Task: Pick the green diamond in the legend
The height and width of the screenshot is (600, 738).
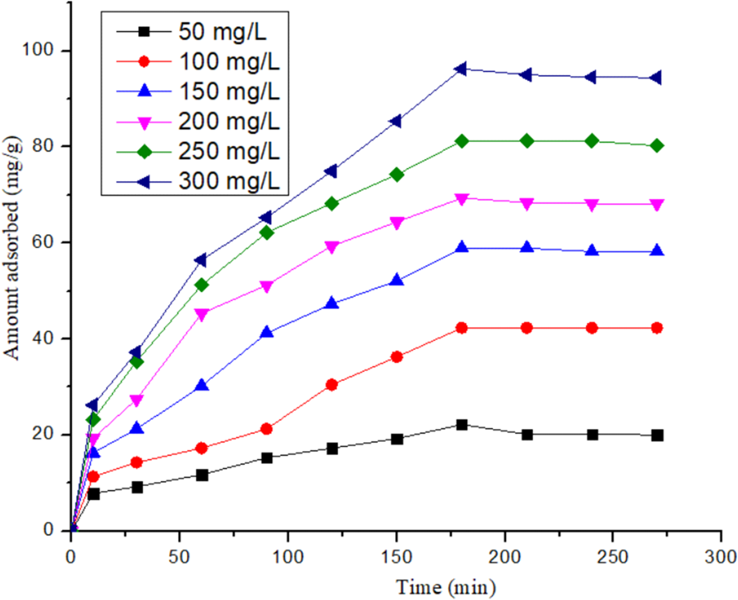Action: [144, 151]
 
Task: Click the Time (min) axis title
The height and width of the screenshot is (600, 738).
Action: [445, 587]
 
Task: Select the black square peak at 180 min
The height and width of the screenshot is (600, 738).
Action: [462, 425]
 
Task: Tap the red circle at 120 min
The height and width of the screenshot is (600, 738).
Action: [332, 385]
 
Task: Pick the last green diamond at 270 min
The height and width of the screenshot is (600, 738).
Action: [657, 146]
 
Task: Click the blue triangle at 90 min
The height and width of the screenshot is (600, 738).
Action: [267, 332]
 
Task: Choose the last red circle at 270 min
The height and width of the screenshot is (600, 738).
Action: [657, 328]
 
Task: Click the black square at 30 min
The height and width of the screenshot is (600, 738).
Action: [137, 487]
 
